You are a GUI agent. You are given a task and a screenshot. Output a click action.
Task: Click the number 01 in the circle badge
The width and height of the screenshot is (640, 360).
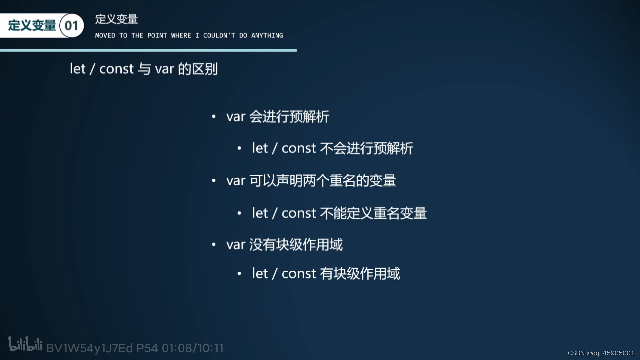click(71, 26)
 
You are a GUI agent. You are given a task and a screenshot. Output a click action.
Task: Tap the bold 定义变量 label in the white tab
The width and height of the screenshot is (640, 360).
click(32, 26)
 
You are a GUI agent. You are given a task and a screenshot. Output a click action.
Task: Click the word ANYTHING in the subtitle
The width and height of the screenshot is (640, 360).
click(267, 36)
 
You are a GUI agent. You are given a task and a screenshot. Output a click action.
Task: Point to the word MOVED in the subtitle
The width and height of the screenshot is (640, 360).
click(105, 36)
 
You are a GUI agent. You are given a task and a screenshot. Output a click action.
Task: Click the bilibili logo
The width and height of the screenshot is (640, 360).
click(25, 344)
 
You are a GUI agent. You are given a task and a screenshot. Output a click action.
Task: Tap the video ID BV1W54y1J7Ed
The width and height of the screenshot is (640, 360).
click(89, 348)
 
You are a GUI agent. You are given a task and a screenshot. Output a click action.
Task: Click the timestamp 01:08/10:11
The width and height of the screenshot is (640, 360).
click(193, 348)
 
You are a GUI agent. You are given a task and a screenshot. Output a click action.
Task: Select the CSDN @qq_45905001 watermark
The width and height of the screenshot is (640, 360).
click(601, 353)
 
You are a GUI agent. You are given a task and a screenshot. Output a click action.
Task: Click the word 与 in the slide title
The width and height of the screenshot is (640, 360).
click(144, 69)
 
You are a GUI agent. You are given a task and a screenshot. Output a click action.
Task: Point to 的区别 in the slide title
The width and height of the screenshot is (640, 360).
click(198, 69)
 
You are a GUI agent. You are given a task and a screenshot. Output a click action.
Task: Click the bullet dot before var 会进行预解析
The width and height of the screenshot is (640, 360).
click(214, 117)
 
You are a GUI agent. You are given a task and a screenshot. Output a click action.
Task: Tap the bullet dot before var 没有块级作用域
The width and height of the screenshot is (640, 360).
click(214, 245)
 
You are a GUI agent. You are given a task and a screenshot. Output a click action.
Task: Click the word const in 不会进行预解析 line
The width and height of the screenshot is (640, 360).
click(299, 148)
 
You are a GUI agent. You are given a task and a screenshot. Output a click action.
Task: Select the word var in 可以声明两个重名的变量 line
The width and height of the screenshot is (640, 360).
click(236, 181)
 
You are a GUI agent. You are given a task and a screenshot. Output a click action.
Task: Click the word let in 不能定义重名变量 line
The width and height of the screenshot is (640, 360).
click(260, 213)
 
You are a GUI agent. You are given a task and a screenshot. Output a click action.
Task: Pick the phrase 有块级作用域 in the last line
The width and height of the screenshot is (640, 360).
click(360, 274)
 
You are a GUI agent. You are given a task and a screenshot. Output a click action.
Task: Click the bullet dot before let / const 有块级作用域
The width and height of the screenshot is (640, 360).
click(239, 274)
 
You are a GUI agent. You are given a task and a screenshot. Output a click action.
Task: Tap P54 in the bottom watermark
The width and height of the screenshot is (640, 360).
click(147, 348)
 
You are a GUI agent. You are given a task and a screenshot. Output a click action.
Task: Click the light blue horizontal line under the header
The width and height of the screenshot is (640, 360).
click(148, 50)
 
